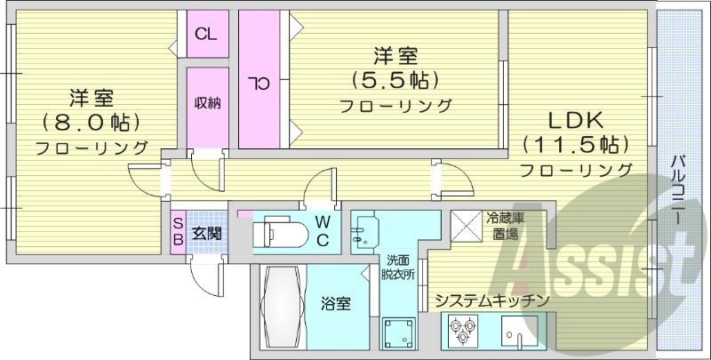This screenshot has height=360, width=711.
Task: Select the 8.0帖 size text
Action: pos(92,122)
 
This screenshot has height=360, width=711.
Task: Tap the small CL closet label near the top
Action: pos(206,36)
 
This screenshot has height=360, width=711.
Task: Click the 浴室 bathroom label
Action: pos(336,304)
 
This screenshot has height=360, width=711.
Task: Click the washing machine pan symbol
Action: pos(399,336)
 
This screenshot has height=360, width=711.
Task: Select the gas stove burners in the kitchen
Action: pos(462,334)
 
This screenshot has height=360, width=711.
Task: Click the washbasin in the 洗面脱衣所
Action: pos(365,234)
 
